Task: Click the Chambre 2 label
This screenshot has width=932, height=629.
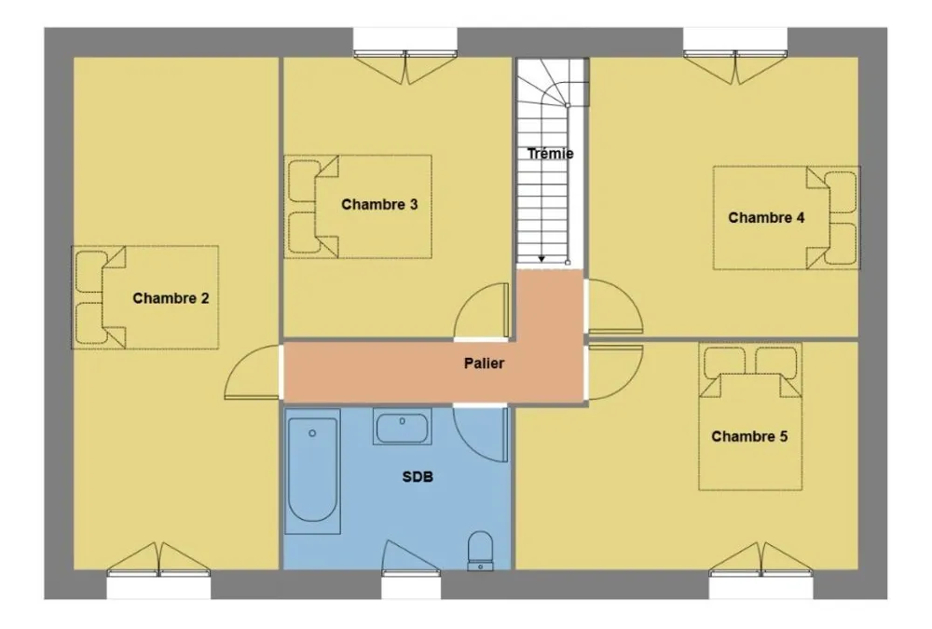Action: point(171,298)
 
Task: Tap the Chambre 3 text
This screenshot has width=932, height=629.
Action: point(379,204)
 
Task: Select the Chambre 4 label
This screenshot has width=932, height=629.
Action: point(766,218)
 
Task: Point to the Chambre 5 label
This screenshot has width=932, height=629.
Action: point(749,436)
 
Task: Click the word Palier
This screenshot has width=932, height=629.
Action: point(484,362)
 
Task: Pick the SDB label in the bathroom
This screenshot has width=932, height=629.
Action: point(418,476)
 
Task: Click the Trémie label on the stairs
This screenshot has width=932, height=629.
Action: point(551,154)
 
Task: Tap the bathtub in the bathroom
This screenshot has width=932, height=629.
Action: point(312,471)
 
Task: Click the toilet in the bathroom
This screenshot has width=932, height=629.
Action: point(480,551)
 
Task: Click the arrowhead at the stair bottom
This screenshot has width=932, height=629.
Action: point(541,259)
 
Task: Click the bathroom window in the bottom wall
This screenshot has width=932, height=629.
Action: point(411,584)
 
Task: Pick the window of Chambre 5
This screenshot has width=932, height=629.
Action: point(761,584)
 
